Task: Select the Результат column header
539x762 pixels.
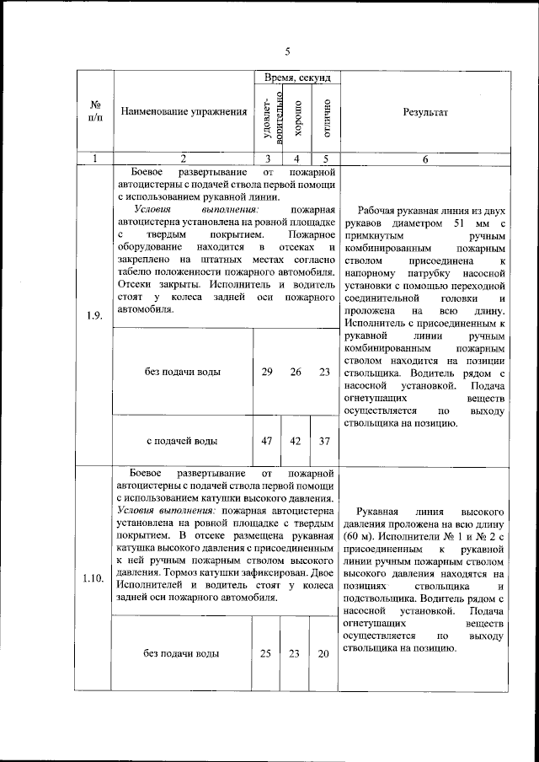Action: pyautogui.click(x=425, y=112)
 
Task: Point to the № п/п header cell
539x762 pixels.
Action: pyautogui.click(x=94, y=111)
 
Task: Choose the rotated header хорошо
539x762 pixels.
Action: pyautogui.click(x=296, y=119)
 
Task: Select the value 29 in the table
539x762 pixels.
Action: pyautogui.click(x=266, y=372)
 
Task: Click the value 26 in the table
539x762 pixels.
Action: pyautogui.click(x=296, y=372)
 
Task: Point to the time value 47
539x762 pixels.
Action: pyautogui.click(x=266, y=441)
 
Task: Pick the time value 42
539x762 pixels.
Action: pyautogui.click(x=296, y=441)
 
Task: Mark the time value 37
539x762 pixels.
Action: pyautogui.click(x=324, y=441)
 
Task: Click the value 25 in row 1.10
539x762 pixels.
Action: pyautogui.click(x=266, y=653)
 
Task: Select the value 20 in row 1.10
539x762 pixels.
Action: pyautogui.click(x=324, y=653)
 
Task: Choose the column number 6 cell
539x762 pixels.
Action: pyautogui.click(x=425, y=158)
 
